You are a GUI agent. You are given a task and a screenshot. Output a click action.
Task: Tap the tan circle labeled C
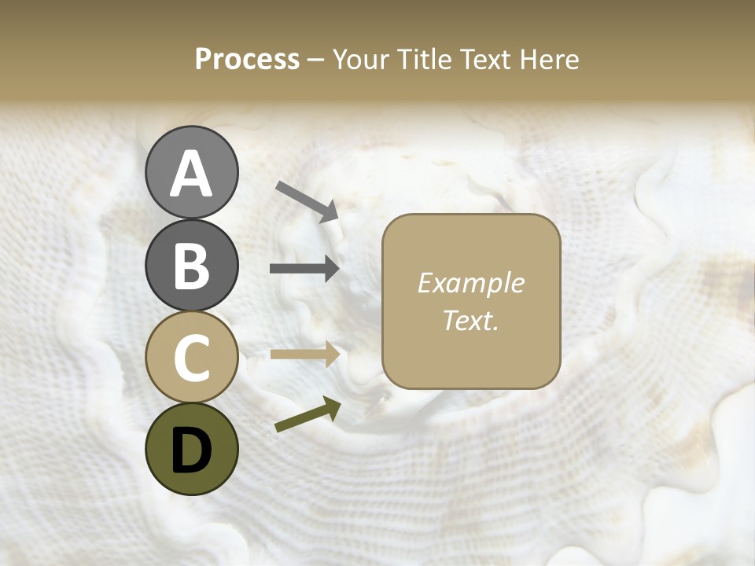[191, 358]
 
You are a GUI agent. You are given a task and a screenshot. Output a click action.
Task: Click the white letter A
[191, 174]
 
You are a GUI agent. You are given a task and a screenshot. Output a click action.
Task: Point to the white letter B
[191, 266]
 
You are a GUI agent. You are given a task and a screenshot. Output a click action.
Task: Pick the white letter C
[191, 358]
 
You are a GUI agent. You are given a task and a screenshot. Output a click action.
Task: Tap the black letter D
[191, 450]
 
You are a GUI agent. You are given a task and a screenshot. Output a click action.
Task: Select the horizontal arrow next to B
[304, 269]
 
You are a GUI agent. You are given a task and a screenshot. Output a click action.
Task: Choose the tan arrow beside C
[304, 354]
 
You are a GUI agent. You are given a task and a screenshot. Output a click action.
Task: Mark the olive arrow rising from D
[308, 415]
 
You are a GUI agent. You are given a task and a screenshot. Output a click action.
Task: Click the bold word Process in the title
[247, 60]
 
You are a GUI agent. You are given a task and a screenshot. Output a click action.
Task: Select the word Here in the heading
[549, 60]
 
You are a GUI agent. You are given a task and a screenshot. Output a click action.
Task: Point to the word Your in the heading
[363, 60]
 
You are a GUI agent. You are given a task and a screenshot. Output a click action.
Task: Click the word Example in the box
[470, 283]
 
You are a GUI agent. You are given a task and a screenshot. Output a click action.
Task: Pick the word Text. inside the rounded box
[470, 321]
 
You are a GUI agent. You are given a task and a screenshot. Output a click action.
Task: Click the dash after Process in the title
[315, 60]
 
